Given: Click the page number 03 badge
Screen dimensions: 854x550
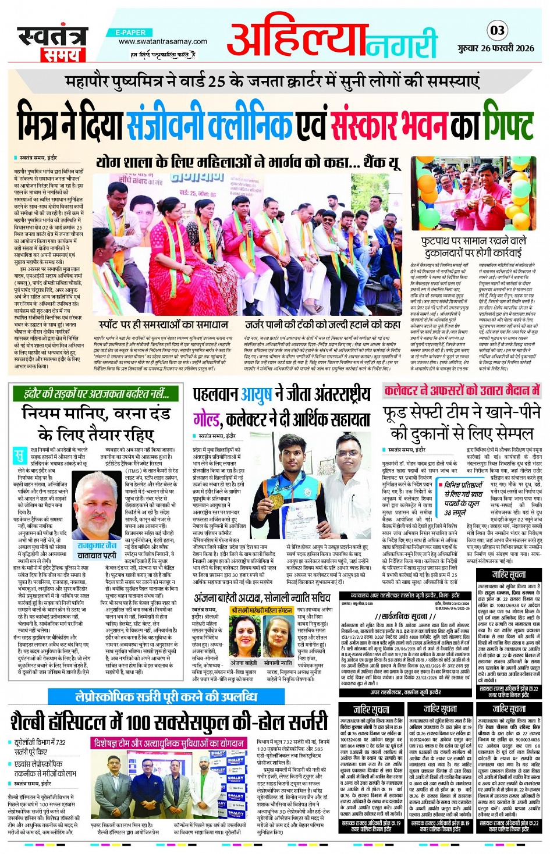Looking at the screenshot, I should [496, 30].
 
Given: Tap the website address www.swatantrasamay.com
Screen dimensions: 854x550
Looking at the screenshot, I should [162, 41].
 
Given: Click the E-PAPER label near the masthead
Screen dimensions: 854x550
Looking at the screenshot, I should [130, 33].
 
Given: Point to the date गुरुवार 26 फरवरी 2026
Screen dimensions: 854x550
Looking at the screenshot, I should [495, 48].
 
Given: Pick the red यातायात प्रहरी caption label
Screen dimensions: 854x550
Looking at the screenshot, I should [97, 556].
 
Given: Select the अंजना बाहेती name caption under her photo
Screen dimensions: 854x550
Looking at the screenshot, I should [243, 662].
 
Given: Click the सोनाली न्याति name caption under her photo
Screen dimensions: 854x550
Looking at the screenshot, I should [278, 662].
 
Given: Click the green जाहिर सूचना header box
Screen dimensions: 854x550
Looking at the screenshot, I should [509, 575].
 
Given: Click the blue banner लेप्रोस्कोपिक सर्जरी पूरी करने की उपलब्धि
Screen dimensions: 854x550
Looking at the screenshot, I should [167, 697].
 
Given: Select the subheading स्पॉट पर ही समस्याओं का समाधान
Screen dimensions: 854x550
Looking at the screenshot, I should [163, 325].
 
